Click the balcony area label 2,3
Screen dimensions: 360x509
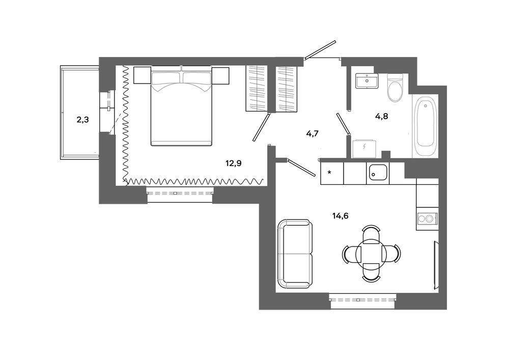pos(82,121)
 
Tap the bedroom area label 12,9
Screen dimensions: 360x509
pos(233,163)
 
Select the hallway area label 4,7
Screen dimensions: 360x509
pos(312,134)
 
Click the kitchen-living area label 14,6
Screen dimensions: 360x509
pos(341,216)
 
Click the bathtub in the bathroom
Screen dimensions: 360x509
pos(426,127)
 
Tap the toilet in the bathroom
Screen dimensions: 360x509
pos(394,88)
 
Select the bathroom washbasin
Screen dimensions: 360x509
pos(366,81)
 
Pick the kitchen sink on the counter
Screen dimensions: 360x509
pos(378,174)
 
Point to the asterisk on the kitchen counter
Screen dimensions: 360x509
pos(330,173)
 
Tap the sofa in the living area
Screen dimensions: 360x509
pos(294,254)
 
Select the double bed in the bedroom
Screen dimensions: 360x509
pos(181,108)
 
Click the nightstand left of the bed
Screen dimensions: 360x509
pos(143,75)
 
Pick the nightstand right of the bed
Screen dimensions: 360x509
pos(220,75)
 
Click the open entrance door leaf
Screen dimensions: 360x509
pos(322,48)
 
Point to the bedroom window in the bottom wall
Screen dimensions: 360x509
pos(179,193)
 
